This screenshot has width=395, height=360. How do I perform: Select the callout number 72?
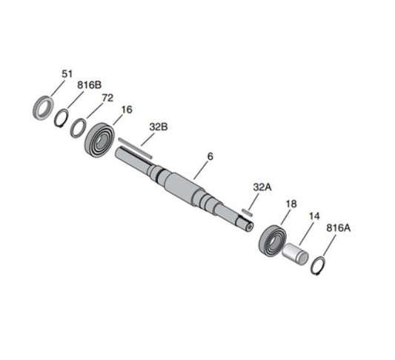[x=107, y=97]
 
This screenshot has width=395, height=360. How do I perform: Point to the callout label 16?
[x=127, y=110]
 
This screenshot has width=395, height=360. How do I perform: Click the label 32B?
[x=159, y=127]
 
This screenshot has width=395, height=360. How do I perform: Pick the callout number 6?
[x=210, y=156]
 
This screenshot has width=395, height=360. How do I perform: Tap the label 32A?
[x=262, y=188]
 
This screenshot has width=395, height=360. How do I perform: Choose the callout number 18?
[x=291, y=204]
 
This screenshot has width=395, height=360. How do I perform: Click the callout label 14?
[x=314, y=216]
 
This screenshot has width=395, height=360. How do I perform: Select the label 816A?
[x=338, y=230]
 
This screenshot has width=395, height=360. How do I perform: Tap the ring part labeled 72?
[x=78, y=127]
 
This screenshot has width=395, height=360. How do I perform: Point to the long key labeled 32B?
[x=135, y=147]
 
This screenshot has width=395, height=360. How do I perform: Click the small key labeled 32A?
[x=248, y=212]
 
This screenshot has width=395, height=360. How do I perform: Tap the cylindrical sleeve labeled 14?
[x=294, y=253]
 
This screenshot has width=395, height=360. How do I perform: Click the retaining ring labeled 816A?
[x=316, y=265]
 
